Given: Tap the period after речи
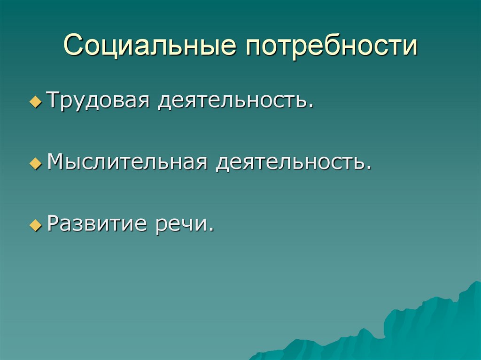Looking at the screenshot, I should (212, 230).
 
